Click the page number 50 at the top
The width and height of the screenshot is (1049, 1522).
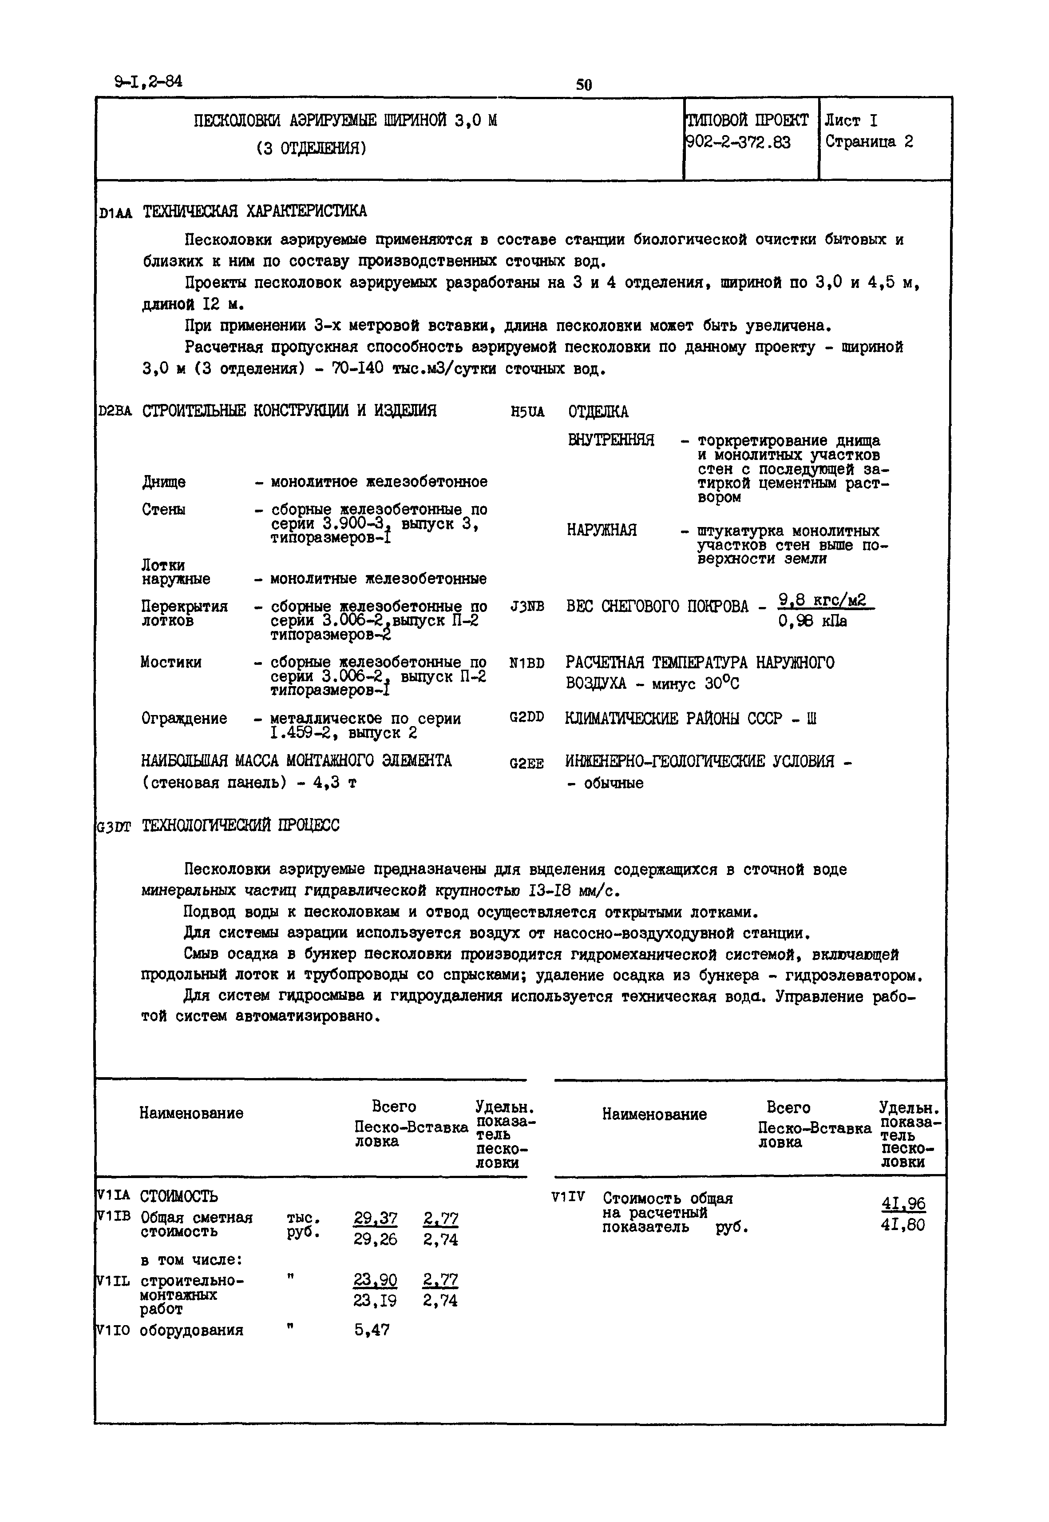[584, 85]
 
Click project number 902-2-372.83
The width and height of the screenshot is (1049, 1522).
[739, 143]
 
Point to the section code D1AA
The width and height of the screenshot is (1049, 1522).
[115, 213]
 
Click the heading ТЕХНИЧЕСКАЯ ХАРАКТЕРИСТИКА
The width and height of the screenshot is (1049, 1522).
[254, 211]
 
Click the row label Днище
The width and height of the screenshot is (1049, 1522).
[164, 482]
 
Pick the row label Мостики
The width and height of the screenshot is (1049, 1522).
[171, 662]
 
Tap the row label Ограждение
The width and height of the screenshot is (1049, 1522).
[184, 718]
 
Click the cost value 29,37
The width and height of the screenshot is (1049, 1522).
[375, 1218]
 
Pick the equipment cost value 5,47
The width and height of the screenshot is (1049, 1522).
[372, 1330]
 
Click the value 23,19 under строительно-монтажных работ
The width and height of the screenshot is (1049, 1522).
[375, 1300]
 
